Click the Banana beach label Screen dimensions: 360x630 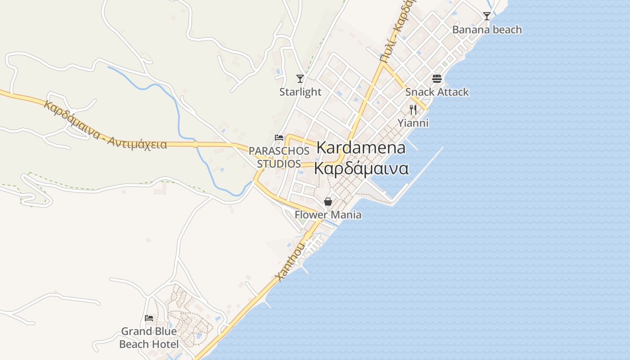point(487,30)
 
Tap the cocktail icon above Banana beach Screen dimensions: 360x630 point(486,16)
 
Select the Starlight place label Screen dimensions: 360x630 point(300,92)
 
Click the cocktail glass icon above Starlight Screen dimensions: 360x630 point(300,79)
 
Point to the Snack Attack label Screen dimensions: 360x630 point(437,92)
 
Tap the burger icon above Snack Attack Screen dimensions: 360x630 point(436,79)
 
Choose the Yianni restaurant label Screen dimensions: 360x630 point(413,123)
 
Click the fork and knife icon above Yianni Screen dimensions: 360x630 point(413,109)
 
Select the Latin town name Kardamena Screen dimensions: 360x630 point(361,148)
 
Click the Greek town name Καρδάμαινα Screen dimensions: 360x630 point(361,168)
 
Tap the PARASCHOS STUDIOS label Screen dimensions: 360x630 point(279,157)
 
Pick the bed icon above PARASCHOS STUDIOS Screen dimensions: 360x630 point(279,138)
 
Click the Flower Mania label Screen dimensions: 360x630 point(328,215)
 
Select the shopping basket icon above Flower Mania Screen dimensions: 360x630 point(328,202)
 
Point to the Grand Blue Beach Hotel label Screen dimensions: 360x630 point(148,337)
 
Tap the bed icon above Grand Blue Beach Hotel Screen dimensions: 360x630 point(149,318)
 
